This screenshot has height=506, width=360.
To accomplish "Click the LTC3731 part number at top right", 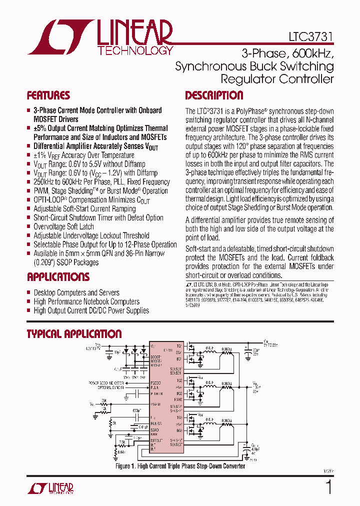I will [x=310, y=37].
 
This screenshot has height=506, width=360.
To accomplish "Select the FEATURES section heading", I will [x=48, y=95].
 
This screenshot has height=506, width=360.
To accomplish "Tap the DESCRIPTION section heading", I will [x=214, y=95].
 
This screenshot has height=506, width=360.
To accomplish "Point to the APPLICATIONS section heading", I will [x=58, y=277].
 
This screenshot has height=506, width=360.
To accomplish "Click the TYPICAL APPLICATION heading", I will [x=74, y=334].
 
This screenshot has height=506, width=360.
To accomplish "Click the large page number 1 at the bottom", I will [x=329, y=486].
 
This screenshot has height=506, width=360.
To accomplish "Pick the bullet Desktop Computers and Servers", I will [x=76, y=292].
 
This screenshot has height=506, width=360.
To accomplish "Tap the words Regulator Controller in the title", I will [x=277, y=79].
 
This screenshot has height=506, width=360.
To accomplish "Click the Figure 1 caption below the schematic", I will [x=180, y=466].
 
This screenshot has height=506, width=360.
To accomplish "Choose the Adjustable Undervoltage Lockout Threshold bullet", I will [x=91, y=235].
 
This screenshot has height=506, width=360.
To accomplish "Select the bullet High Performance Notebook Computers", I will [x=86, y=301].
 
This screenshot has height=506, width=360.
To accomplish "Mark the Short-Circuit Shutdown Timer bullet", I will [x=98, y=217].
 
